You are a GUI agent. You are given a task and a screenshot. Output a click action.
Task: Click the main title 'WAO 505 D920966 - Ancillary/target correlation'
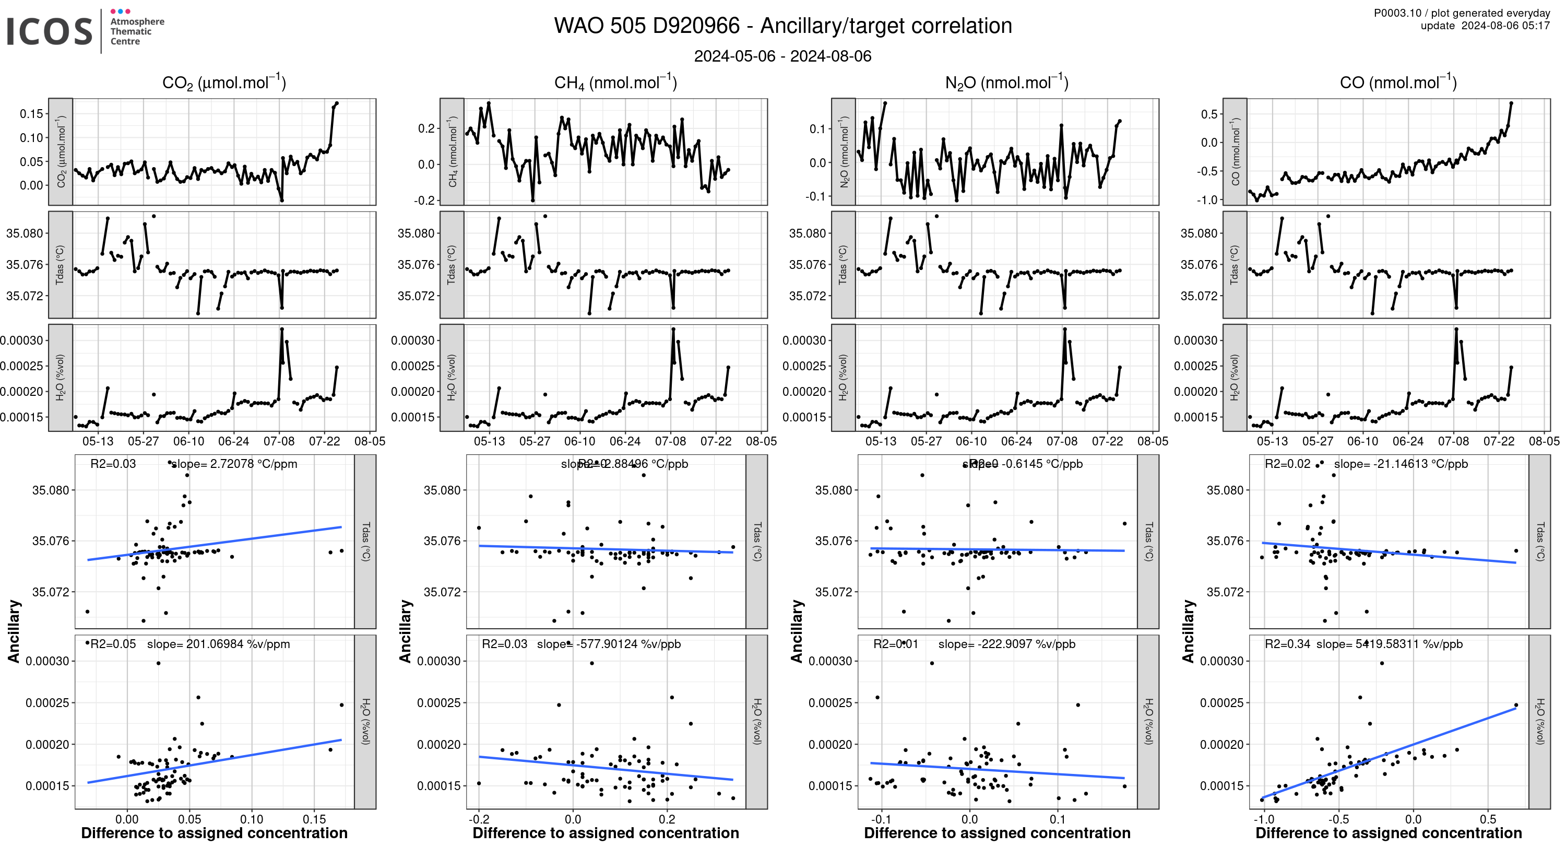point(782,26)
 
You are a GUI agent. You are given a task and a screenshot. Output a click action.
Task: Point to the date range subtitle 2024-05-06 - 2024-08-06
point(782,56)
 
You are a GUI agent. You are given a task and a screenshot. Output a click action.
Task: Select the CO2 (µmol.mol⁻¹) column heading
point(224,83)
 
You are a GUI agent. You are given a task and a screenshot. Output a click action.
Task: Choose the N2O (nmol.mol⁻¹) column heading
point(1006,83)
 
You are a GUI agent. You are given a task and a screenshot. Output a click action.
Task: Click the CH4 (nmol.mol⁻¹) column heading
point(615,83)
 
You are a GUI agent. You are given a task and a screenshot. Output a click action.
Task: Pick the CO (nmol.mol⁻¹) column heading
point(1397,83)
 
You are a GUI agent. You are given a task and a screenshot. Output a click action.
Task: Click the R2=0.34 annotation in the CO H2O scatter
point(1287,644)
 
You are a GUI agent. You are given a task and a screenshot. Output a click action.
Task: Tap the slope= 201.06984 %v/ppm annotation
point(218,644)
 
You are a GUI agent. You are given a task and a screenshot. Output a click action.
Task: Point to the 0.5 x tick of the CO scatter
point(1488,819)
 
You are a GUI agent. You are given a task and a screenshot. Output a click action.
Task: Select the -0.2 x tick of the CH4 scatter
point(479,819)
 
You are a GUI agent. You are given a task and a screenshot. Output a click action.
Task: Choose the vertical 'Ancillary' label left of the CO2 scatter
point(14,631)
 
